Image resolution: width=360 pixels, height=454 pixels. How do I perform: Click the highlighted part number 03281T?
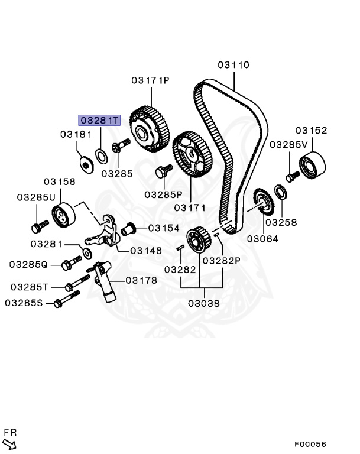[99, 120]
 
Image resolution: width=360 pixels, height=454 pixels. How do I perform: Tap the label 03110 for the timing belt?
[233, 65]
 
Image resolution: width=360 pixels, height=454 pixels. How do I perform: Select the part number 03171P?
[150, 80]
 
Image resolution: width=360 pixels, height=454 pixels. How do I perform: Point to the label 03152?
[311, 131]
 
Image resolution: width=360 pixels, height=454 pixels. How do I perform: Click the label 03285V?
[289, 144]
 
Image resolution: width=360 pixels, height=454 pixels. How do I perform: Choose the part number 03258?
[281, 222]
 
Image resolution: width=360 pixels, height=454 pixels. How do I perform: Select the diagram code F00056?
[310, 444]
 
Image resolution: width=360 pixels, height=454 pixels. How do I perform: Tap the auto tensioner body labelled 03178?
[106, 283]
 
